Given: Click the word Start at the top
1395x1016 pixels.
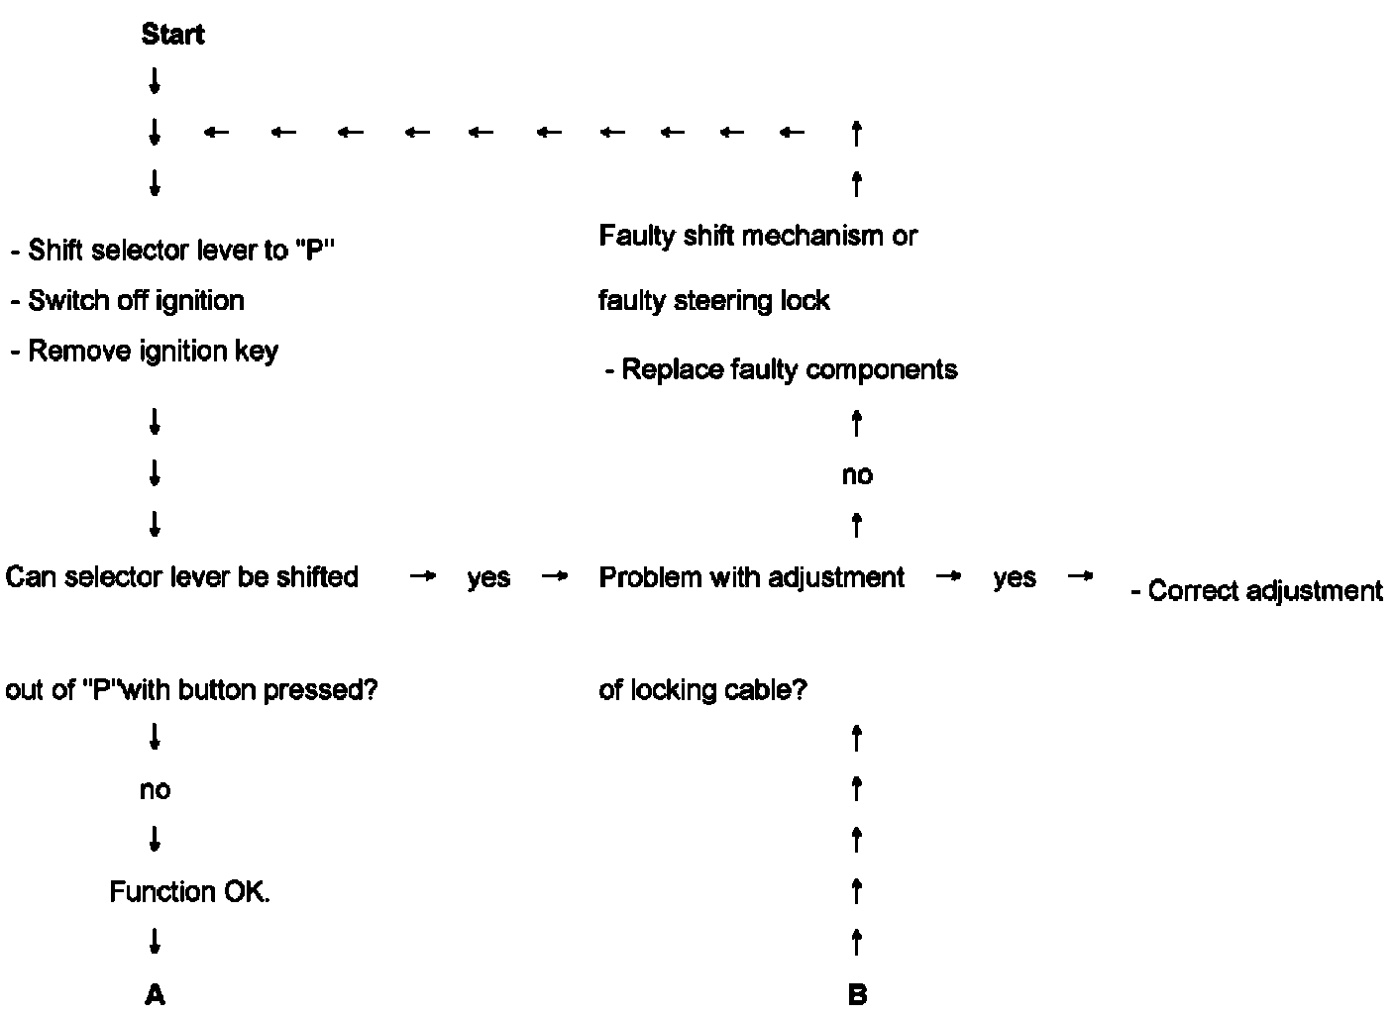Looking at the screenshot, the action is [172, 35].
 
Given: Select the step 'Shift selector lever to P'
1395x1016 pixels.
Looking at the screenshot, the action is [172, 251].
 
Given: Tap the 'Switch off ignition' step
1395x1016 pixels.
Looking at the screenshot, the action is [128, 301].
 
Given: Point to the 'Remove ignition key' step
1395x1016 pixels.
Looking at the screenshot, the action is [145, 352].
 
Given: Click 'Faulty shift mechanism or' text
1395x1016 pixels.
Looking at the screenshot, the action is [758, 237].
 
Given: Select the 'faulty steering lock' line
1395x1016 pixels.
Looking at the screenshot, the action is [713, 301].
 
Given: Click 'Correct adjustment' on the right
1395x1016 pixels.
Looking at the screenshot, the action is [1256, 592].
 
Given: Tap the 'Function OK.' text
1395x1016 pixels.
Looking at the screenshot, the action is [189, 892].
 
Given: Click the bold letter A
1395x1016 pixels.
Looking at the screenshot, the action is [155, 995].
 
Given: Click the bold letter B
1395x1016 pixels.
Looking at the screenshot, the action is [857, 995].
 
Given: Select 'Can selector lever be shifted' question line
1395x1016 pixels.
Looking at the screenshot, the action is [182, 577].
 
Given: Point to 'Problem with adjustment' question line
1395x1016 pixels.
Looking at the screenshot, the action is [751, 577].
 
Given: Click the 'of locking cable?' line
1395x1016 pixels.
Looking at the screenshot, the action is [702, 690].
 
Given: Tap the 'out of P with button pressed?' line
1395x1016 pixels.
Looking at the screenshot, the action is [192, 690].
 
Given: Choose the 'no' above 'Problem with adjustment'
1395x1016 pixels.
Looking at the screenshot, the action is [857, 475].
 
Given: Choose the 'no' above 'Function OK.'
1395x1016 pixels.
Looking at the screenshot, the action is [155, 790].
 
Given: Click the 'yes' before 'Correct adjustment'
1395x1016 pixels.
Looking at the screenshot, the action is [1015, 578].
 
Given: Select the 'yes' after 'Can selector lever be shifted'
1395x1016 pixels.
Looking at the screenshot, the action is [488, 578].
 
